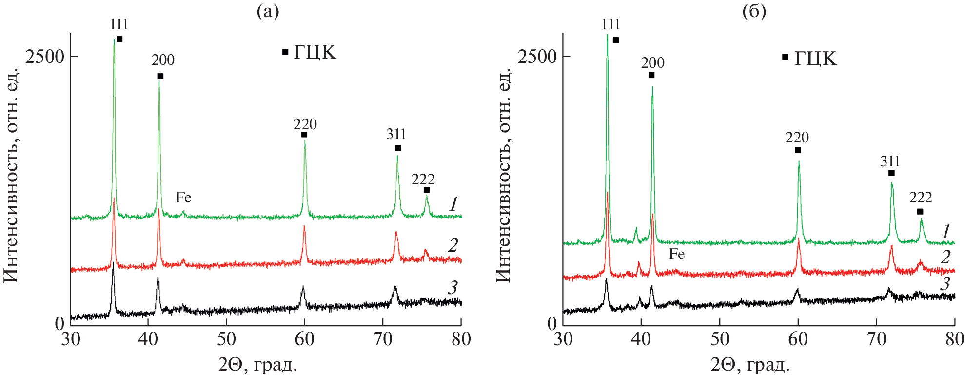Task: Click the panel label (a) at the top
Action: click(x=268, y=12)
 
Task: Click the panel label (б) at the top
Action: click(x=754, y=12)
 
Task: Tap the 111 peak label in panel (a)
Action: click(x=119, y=24)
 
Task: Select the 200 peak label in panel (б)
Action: click(x=652, y=63)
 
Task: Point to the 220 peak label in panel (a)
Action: click(x=305, y=124)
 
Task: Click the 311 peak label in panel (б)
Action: click(x=890, y=161)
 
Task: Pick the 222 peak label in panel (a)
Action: click(x=423, y=179)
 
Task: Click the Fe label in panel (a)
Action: click(x=183, y=198)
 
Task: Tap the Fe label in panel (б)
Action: click(x=677, y=254)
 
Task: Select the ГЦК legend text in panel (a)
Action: click(x=315, y=52)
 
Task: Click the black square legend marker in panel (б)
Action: click(x=785, y=57)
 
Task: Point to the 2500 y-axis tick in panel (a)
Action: click(x=45, y=57)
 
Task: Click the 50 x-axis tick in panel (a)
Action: click(x=226, y=339)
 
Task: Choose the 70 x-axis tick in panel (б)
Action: click(x=876, y=339)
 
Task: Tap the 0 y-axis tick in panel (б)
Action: click(x=552, y=323)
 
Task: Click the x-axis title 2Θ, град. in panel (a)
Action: click(x=258, y=364)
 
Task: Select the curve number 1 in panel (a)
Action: click(x=453, y=204)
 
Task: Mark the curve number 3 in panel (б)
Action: click(x=945, y=283)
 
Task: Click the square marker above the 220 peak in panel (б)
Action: click(x=798, y=150)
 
